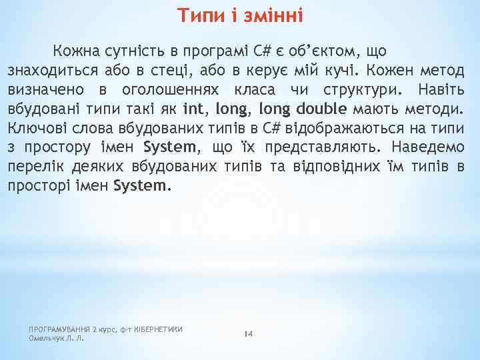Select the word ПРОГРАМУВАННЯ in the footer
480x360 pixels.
[59, 329]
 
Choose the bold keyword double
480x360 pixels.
[321, 109]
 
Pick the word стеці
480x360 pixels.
[198, 70]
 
